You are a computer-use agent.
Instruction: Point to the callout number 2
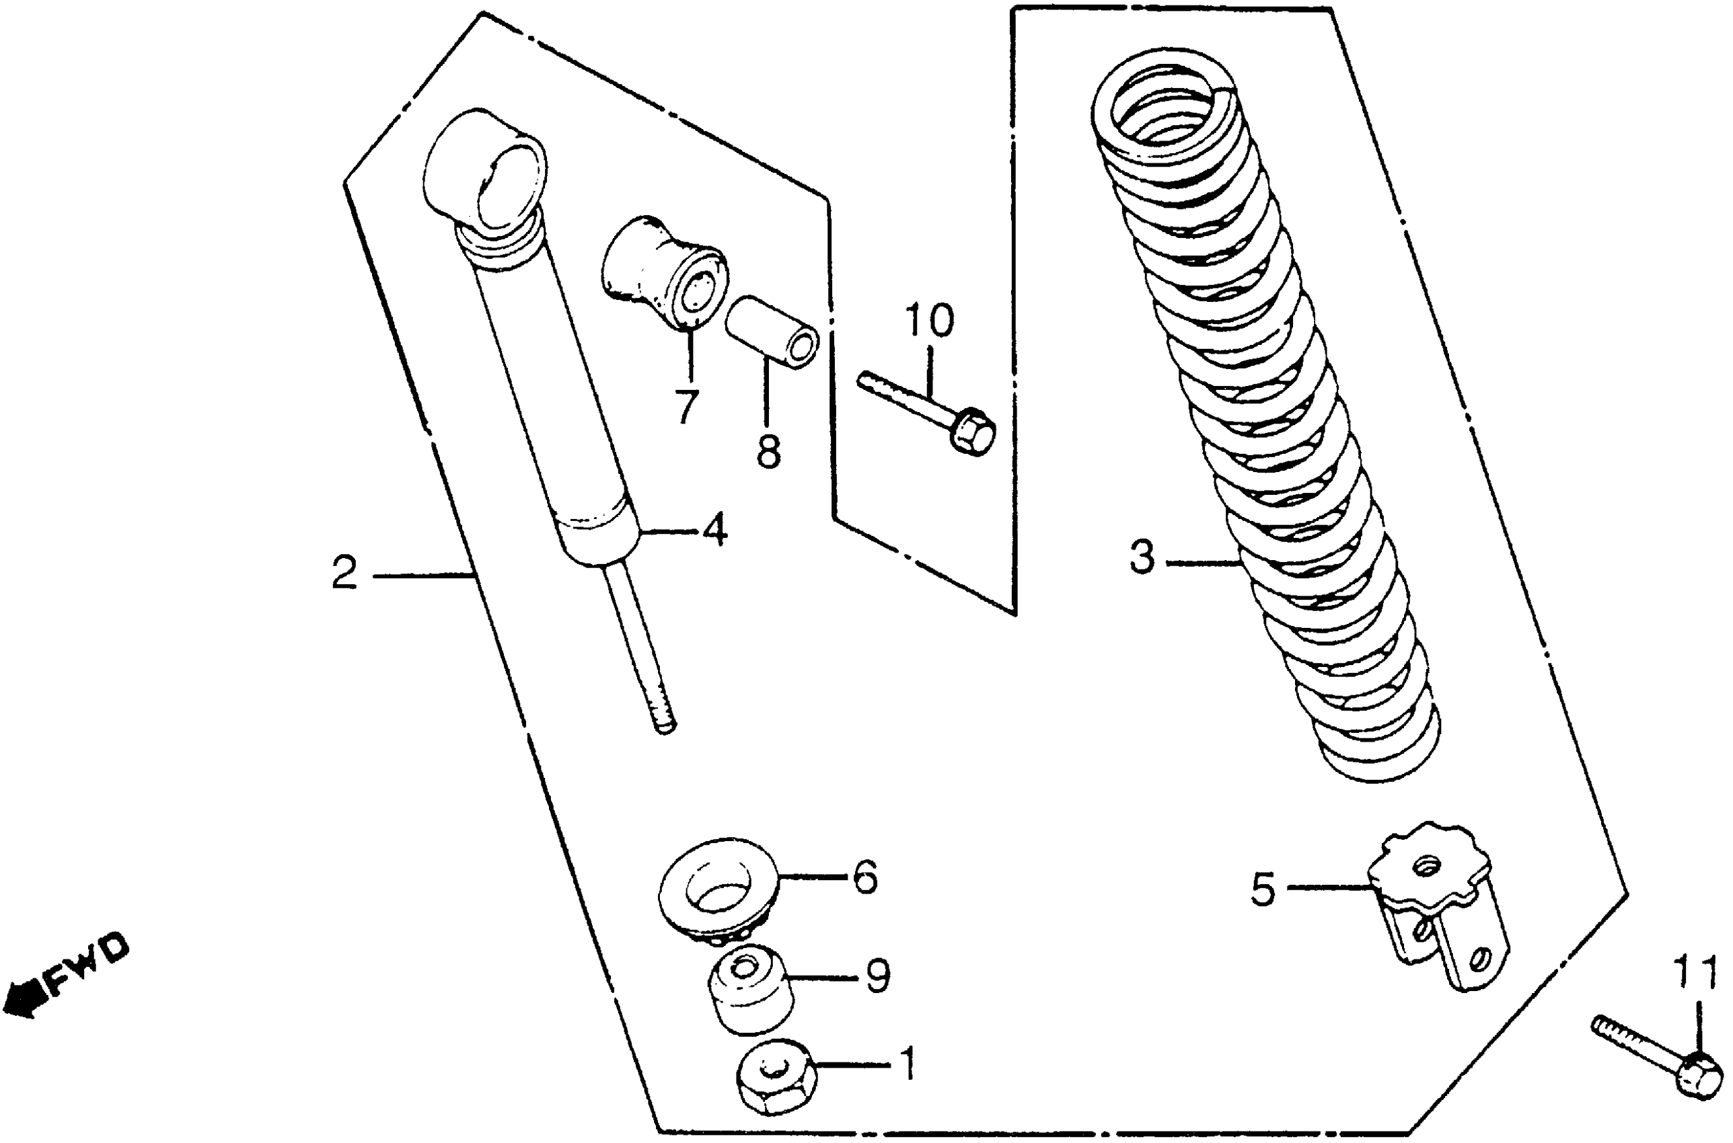pyautogui.click(x=344, y=573)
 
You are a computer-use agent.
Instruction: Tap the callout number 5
pyautogui.click(x=1263, y=889)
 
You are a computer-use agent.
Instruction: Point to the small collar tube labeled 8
pyautogui.click(x=772, y=332)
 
